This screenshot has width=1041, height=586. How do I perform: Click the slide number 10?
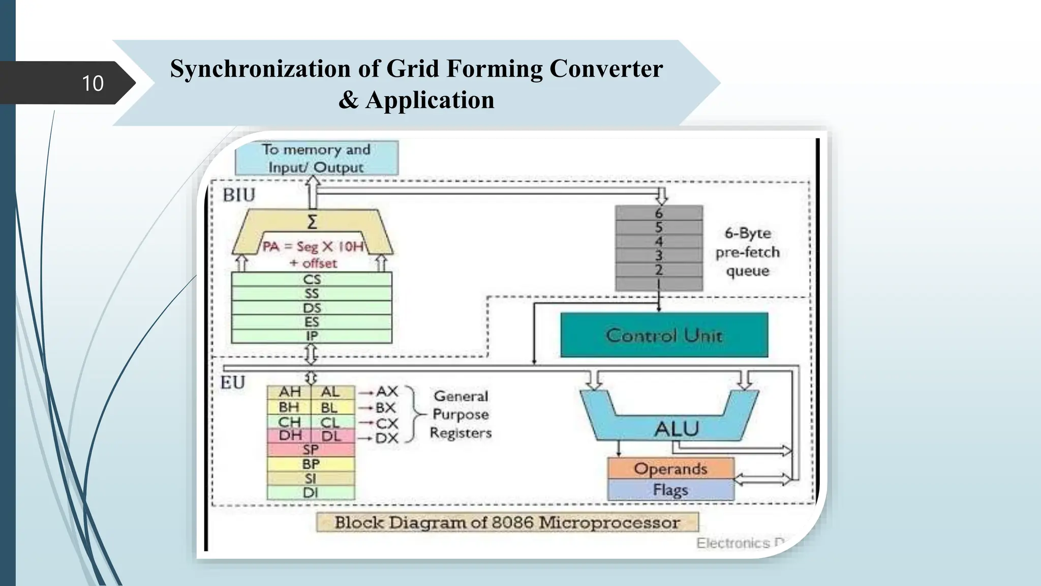coord(93,83)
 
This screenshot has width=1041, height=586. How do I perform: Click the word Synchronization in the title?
coord(260,69)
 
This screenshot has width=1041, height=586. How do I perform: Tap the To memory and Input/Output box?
coord(316,158)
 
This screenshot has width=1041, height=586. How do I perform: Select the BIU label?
coord(238,195)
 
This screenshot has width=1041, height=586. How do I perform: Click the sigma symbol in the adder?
coord(312,222)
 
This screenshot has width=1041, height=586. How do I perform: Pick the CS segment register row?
coord(312,279)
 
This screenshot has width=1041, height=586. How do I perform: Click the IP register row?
coord(312,336)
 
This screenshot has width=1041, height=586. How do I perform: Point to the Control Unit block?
coord(664,335)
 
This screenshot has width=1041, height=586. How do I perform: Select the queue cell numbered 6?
coord(659,213)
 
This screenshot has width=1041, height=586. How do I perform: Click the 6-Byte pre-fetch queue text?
coord(747,252)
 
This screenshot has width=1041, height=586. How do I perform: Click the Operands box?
coord(670,468)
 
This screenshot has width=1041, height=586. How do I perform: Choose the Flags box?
coord(670,490)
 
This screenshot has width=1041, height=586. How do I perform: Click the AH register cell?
coord(290,392)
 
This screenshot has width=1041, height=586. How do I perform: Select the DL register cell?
coord(331,436)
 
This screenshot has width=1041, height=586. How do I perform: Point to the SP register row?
coord(311,450)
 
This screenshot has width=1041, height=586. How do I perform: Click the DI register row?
coord(311,493)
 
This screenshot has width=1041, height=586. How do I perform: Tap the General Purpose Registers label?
coord(461,415)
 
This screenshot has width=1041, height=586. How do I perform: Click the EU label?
coord(233,383)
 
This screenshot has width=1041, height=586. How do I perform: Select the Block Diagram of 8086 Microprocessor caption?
coord(507,522)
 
